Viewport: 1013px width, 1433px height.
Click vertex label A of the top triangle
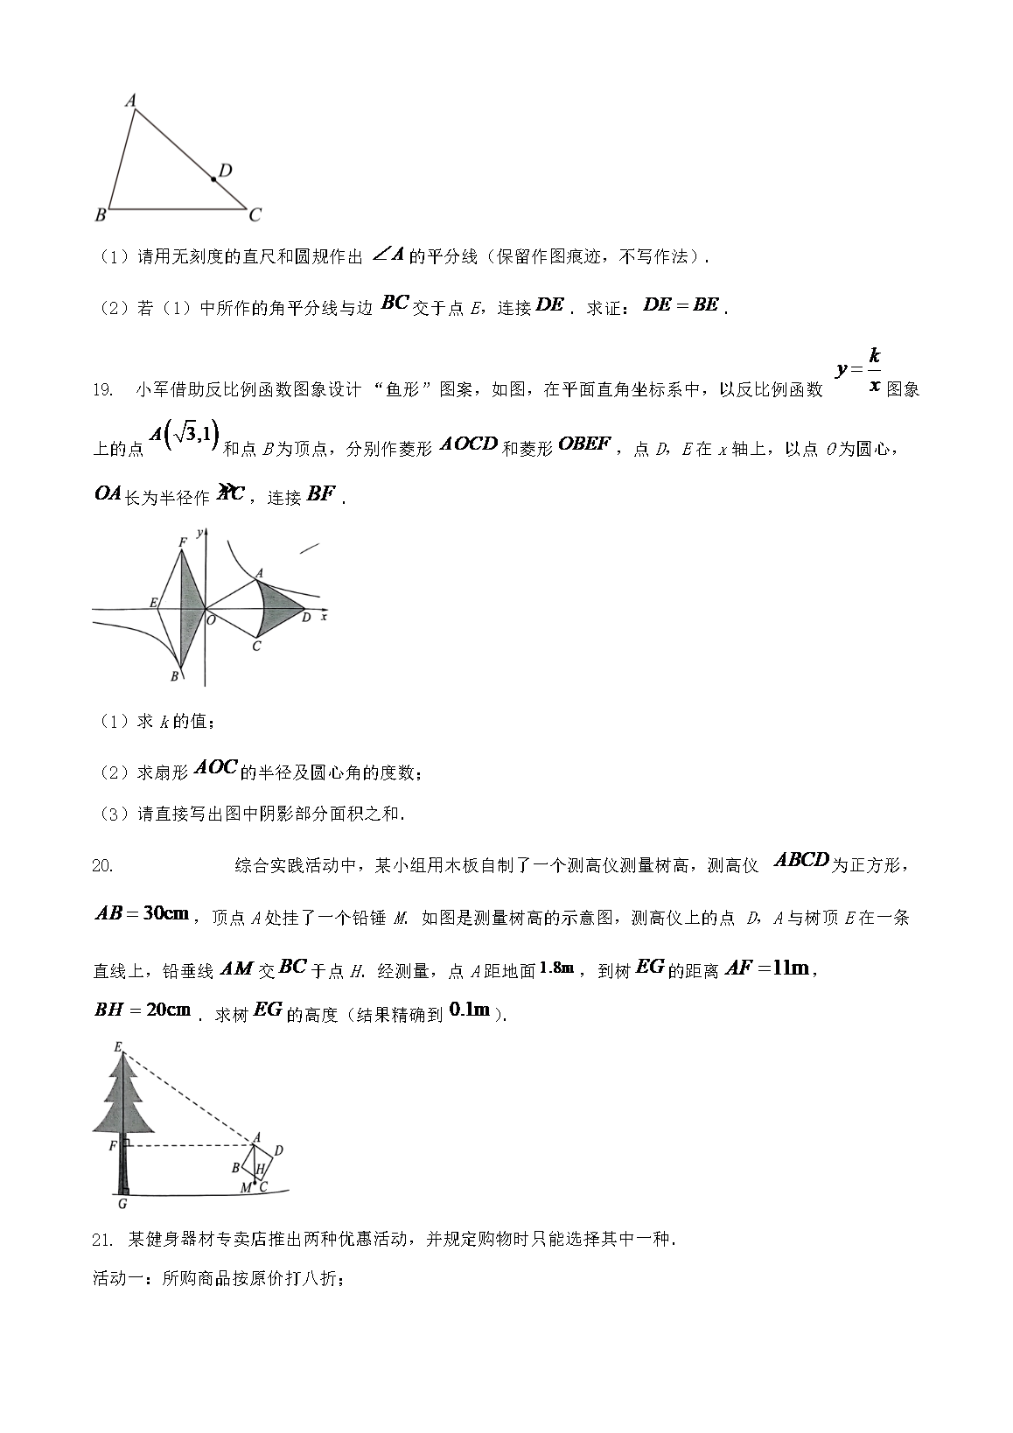click(x=130, y=101)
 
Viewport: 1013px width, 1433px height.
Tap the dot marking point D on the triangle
click(x=213, y=179)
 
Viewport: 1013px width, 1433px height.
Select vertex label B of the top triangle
click(x=101, y=214)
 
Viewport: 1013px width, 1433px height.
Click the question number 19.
click(x=102, y=390)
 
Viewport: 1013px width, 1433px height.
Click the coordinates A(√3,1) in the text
click(x=184, y=435)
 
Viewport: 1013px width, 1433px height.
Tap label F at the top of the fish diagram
click(x=182, y=542)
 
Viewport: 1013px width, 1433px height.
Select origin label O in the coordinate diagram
click(x=212, y=619)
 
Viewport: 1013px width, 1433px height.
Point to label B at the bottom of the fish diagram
click(x=174, y=676)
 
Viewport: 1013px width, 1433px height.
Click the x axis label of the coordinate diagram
click(x=324, y=618)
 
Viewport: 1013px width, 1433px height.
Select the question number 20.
click(x=102, y=866)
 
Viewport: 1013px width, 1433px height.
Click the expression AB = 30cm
click(x=142, y=914)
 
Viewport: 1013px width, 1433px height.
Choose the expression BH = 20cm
click(x=142, y=1010)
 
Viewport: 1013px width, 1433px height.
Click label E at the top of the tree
click(x=117, y=1045)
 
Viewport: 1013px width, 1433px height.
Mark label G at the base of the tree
click(x=122, y=1204)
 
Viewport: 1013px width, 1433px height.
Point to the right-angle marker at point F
click(x=128, y=1144)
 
